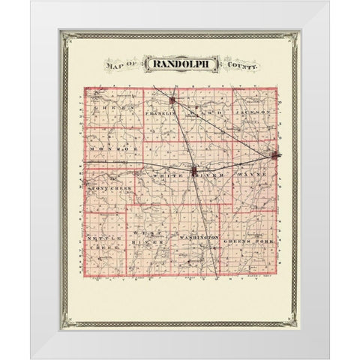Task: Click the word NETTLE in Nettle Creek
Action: (x=100, y=238)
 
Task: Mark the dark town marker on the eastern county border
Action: (x=277, y=156)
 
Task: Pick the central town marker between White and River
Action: (x=194, y=172)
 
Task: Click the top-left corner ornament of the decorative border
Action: (x=65, y=36)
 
